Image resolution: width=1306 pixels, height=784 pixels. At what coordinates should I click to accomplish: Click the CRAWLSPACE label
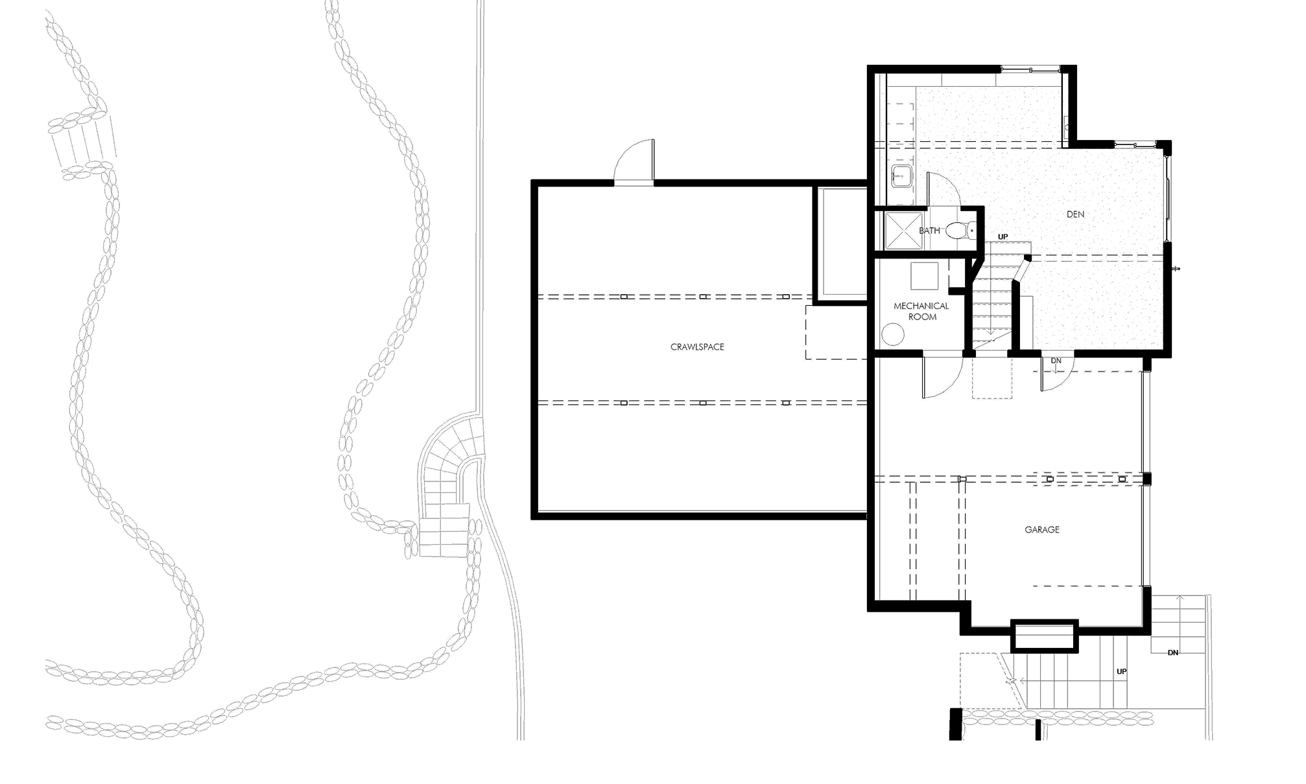coord(697,347)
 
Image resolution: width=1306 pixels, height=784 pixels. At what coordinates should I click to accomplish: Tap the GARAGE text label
coord(1042,529)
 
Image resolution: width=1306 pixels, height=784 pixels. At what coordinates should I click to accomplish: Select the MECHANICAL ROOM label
coord(921,311)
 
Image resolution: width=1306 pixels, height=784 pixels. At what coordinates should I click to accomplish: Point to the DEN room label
coord(1075,214)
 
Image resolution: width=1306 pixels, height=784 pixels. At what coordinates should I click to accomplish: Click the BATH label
coord(928,231)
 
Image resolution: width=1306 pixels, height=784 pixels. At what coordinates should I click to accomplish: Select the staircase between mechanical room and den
coord(995,301)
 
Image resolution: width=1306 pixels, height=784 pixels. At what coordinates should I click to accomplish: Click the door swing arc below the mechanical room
coord(938,376)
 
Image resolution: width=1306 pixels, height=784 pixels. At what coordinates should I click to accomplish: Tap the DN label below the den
coord(1056,360)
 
